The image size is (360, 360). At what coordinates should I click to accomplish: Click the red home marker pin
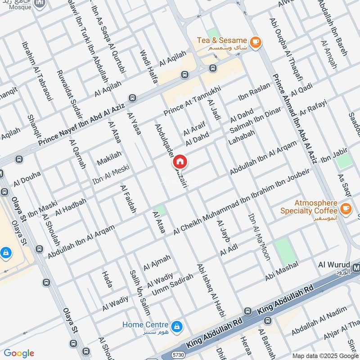(180, 161)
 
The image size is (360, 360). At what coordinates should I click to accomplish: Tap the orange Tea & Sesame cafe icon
(256, 42)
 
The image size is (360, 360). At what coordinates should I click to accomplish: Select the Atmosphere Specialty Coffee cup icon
(346, 208)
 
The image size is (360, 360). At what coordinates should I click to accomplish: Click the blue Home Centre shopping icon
(177, 325)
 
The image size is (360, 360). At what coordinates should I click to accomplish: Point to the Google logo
(19, 353)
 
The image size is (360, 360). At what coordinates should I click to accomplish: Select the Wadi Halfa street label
(149, 66)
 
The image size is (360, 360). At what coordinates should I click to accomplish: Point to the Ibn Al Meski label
(111, 175)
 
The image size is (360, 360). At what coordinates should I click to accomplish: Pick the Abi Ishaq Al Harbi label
(207, 292)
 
